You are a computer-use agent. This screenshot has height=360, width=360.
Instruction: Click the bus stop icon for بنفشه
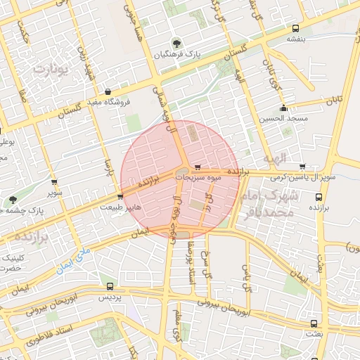tap(295, 29)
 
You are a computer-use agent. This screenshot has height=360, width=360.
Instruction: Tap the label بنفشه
tap(295, 39)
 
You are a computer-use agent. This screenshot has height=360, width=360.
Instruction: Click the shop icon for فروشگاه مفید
tap(108, 91)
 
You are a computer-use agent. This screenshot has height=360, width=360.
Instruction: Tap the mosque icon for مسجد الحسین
tap(284, 108)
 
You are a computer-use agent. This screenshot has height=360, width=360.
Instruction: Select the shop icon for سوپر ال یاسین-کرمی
tap(302, 167)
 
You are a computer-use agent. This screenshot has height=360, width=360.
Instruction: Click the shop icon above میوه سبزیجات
tap(198, 167)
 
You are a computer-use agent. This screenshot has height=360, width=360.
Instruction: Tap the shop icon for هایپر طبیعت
tap(121, 197)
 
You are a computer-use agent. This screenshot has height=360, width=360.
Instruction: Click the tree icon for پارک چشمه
tap(13, 200)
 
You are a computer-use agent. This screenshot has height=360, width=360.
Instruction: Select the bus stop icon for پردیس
tap(110, 287)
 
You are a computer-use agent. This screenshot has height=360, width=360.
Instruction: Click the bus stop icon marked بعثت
tap(314, 323)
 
